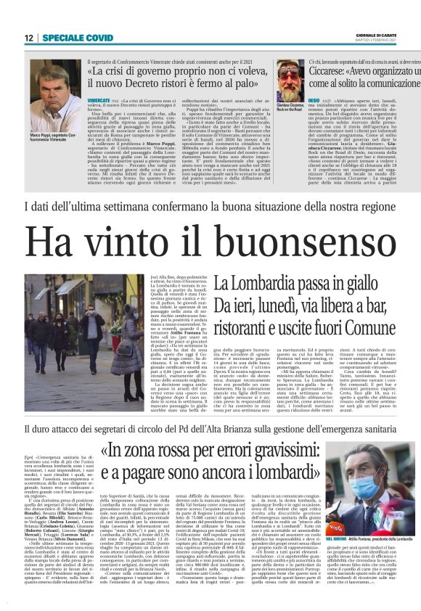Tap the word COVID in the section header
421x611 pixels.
(98, 38)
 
